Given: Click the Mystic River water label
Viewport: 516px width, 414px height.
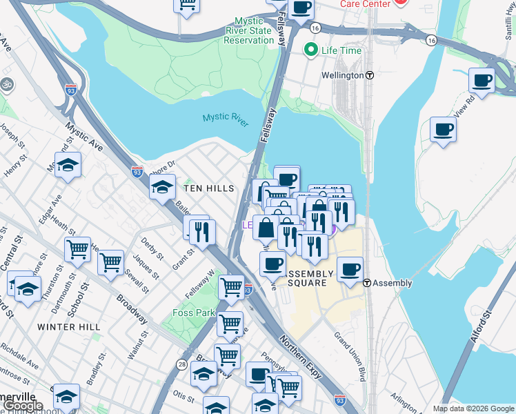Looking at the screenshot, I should [225, 118].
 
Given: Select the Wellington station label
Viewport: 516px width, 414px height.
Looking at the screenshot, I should [342, 75].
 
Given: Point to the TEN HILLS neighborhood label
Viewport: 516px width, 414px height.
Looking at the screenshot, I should [208, 188].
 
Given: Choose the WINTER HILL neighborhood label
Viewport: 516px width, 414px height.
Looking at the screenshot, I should [69, 326].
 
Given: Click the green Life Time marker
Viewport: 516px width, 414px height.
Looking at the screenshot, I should [310, 49].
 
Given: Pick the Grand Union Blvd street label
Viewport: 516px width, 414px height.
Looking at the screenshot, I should [350, 356].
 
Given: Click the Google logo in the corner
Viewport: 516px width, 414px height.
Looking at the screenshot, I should [23, 406].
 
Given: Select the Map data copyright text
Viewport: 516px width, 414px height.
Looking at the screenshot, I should [472, 408].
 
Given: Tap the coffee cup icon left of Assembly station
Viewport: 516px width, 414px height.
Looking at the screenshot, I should [350, 268].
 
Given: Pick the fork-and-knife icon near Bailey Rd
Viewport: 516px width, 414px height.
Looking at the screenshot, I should [201, 230].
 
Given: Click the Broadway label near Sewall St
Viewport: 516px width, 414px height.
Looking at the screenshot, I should [132, 310].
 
